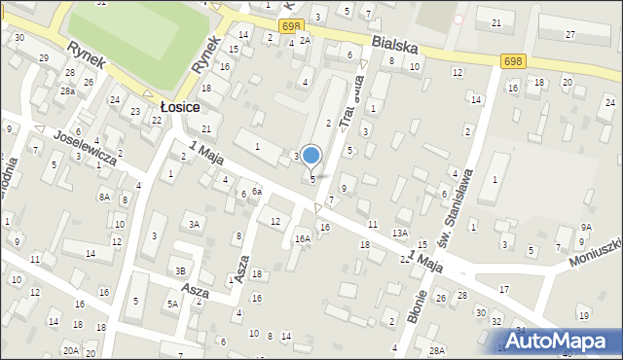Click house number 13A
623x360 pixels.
399,234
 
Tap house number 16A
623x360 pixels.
303,238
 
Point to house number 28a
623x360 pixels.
67,90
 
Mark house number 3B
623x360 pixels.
180,271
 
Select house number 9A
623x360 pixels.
586,227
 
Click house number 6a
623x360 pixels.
257,192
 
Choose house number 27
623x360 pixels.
570,34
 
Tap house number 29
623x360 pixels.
43,58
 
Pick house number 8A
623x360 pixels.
104,197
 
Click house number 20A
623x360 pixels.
71,350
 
